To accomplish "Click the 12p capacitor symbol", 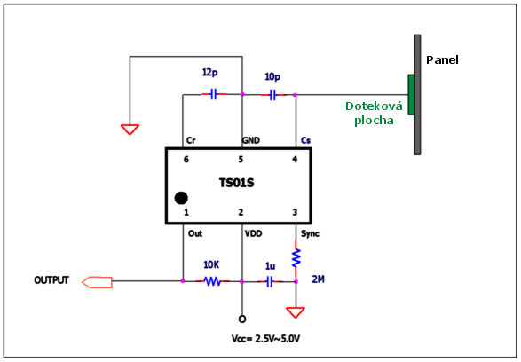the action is click(214, 94).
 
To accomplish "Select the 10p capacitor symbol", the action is click(273, 95).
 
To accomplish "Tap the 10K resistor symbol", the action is click(213, 281).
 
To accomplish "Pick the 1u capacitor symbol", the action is click(270, 281).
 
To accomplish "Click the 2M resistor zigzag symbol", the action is click(296, 258).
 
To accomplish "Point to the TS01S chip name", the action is click(237, 183).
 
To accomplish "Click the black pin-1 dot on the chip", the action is click(181, 198).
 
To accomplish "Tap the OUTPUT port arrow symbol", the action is click(97, 282).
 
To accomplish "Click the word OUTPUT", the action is click(51, 280).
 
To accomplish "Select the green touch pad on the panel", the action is click(411, 95).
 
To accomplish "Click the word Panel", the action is click(442, 60).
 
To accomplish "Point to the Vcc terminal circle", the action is click(242, 319).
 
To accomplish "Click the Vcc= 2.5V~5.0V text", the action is click(265, 339).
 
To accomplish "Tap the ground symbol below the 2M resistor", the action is click(296, 312).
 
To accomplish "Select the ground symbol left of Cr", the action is click(130, 130).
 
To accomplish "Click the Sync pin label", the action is click(310, 234).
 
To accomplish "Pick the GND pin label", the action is click(251, 140).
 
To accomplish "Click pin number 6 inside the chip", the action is click(186, 160).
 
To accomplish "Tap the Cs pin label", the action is click(305, 140).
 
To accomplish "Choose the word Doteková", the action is click(374, 106).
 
